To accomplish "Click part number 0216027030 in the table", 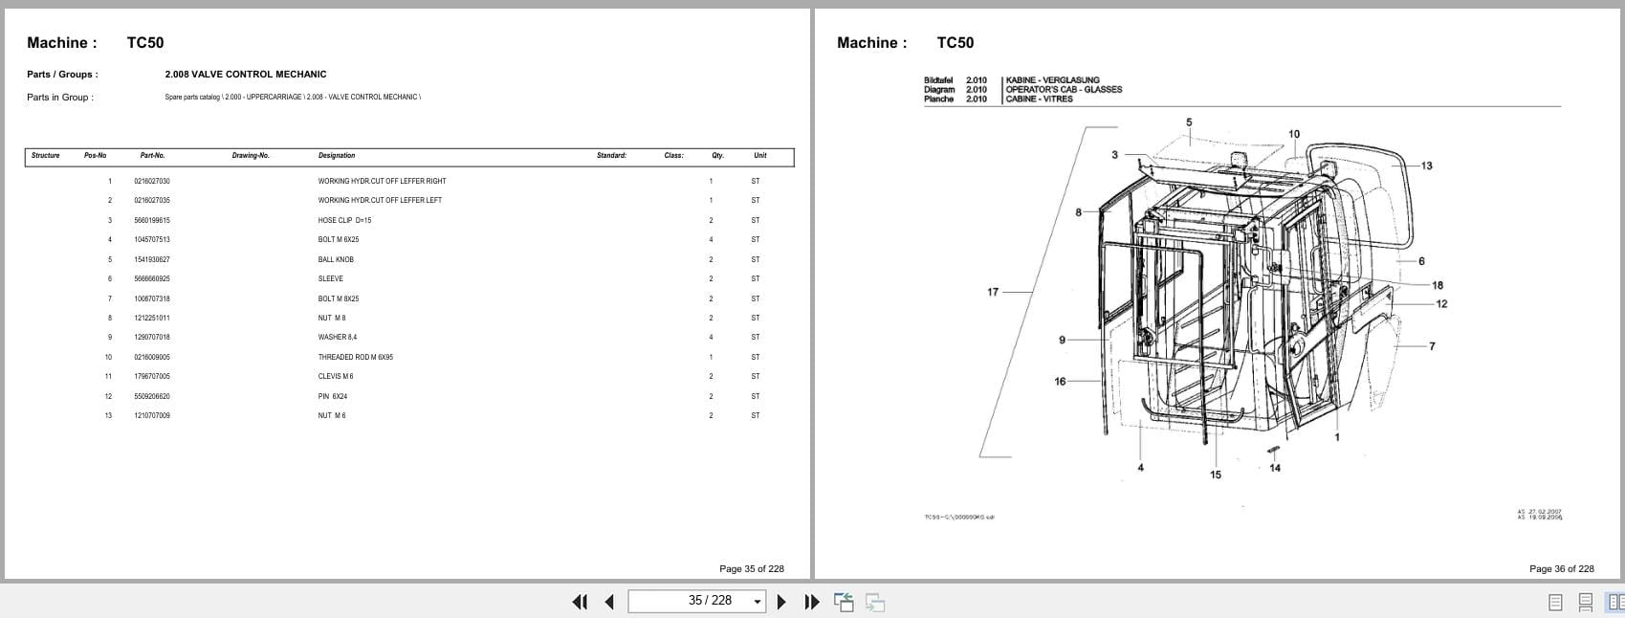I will click(152, 181).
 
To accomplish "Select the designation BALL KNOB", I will click(336, 259).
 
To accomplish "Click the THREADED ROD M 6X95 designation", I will click(355, 357).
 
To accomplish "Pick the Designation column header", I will click(337, 155).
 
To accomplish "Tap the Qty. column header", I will click(717, 155).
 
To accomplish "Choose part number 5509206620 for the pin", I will click(152, 396).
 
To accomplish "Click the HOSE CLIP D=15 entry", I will click(344, 220).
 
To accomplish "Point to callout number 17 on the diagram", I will click(993, 292).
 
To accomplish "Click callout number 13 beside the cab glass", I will click(1426, 166).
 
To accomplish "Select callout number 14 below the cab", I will click(1275, 468).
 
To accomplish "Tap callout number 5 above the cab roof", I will click(1189, 122).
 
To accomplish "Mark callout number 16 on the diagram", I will click(1060, 381).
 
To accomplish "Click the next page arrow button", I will click(781, 602).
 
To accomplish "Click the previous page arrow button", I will click(609, 602).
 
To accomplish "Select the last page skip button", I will click(812, 602).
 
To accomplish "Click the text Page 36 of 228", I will click(1561, 568).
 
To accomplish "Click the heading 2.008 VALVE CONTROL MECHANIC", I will click(245, 74).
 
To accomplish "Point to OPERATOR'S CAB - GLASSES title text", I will click(1064, 89).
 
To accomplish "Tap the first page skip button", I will click(579, 602).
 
